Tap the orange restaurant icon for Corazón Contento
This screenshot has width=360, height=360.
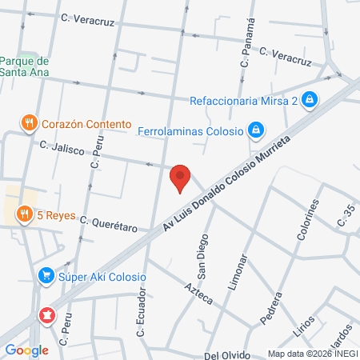tap(30, 123)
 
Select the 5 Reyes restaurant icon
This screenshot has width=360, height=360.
tap(25, 214)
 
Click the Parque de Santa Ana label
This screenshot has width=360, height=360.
tap(25, 67)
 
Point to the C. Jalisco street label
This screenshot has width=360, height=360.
tap(62, 150)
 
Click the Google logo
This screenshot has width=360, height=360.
tap(26, 350)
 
